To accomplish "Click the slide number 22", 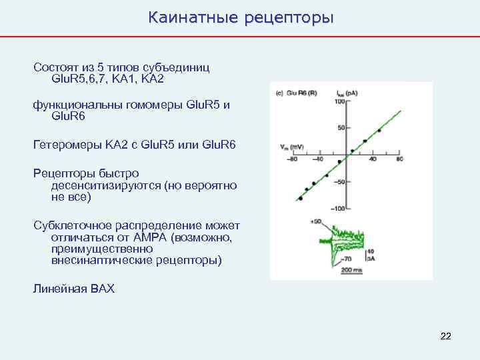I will pyautogui.click(x=446, y=335).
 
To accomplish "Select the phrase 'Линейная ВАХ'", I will pyautogui.click(x=74, y=289).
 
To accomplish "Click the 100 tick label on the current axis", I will pyautogui.click(x=340, y=101).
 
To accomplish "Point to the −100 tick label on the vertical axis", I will pyautogui.click(x=339, y=209).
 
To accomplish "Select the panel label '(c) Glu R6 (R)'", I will pyautogui.click(x=297, y=93).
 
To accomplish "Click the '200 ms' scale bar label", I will pyautogui.click(x=349, y=269).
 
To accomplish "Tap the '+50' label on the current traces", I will pyautogui.click(x=317, y=221).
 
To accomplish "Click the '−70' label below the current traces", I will pyautogui.click(x=347, y=258).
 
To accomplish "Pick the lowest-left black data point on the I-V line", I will pyautogui.click(x=301, y=198).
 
